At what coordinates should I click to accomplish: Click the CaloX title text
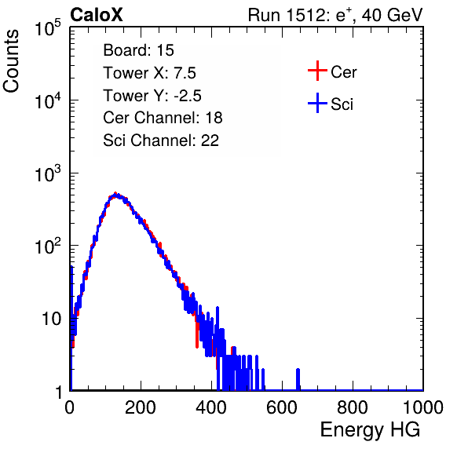point(96,15)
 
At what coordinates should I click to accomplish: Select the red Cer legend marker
point(317,71)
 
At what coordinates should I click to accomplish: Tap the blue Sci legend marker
point(317,103)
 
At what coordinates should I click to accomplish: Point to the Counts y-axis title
point(11,61)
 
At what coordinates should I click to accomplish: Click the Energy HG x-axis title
point(370,430)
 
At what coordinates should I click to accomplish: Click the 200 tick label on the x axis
point(141,407)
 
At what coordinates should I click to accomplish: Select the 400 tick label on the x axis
point(211,407)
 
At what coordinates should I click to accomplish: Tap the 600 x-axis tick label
point(282,407)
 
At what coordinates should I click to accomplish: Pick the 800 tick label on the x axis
point(353,407)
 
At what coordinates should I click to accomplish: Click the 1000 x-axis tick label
point(423,407)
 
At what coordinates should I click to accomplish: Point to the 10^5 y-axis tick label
point(48,28)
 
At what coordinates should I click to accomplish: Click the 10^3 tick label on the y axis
point(48,173)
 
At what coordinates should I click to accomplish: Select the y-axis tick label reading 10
point(52,319)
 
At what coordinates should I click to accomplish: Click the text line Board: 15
point(138,50)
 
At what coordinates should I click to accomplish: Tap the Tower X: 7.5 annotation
point(149,73)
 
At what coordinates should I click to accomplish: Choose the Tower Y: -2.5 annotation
point(152,96)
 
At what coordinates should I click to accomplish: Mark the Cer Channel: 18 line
point(163,118)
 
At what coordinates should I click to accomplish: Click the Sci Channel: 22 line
point(161,141)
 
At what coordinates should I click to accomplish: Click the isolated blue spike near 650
point(298,379)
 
